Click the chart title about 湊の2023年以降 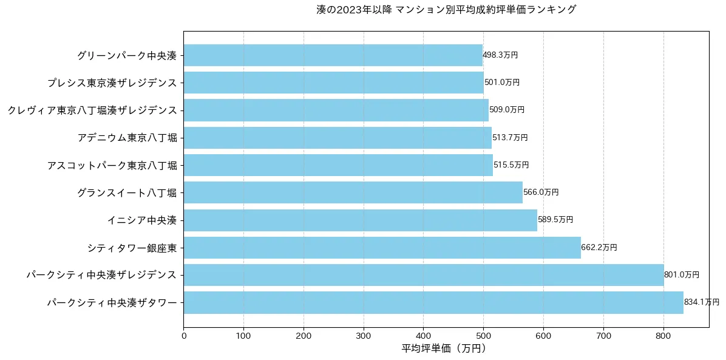tap(446, 10)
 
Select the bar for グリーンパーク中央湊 tap(333, 55)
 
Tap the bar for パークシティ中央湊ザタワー tap(433, 302)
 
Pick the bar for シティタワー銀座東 tap(382, 248)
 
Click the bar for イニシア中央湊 tap(360, 220)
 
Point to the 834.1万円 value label tap(701, 302)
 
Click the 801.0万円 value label tap(681, 275)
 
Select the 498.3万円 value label tap(500, 55)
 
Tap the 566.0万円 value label tap(541, 192)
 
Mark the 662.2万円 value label tap(599, 248)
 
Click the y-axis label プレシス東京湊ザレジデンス tap(112, 83)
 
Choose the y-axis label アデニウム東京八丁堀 tap(127, 138)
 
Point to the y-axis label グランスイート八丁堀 tap(127, 192)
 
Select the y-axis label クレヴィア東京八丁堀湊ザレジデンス tap(92, 110)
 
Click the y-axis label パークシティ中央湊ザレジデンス tap(102, 275)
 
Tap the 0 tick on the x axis tap(183, 335)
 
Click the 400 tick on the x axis tap(423, 335)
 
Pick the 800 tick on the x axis tap(663, 335)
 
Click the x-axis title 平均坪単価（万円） tap(446, 349)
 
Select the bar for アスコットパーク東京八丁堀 tap(338, 165)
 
